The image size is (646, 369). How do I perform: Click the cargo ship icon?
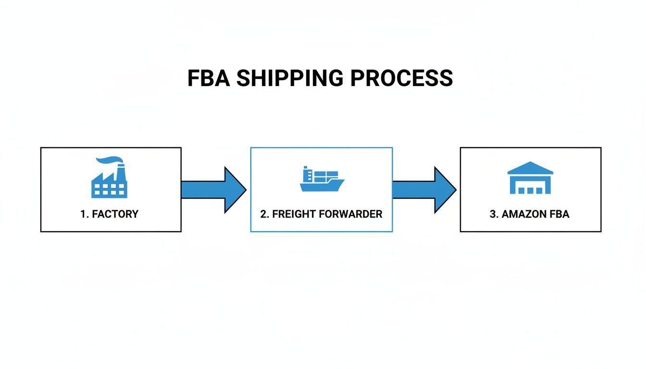click(x=322, y=179)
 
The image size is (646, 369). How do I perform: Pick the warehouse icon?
click(x=530, y=178)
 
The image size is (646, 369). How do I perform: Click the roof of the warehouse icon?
click(x=530, y=168)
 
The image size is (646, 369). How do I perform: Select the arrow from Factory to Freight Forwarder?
click(x=213, y=190)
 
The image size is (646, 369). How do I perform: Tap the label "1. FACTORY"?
click(x=109, y=214)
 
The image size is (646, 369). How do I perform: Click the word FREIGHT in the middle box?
click(x=291, y=214)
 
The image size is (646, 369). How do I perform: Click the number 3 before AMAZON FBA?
click(x=493, y=214)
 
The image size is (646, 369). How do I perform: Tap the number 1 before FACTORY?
click(x=83, y=214)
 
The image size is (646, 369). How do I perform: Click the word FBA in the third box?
click(x=559, y=214)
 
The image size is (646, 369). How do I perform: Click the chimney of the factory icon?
click(x=121, y=171)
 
